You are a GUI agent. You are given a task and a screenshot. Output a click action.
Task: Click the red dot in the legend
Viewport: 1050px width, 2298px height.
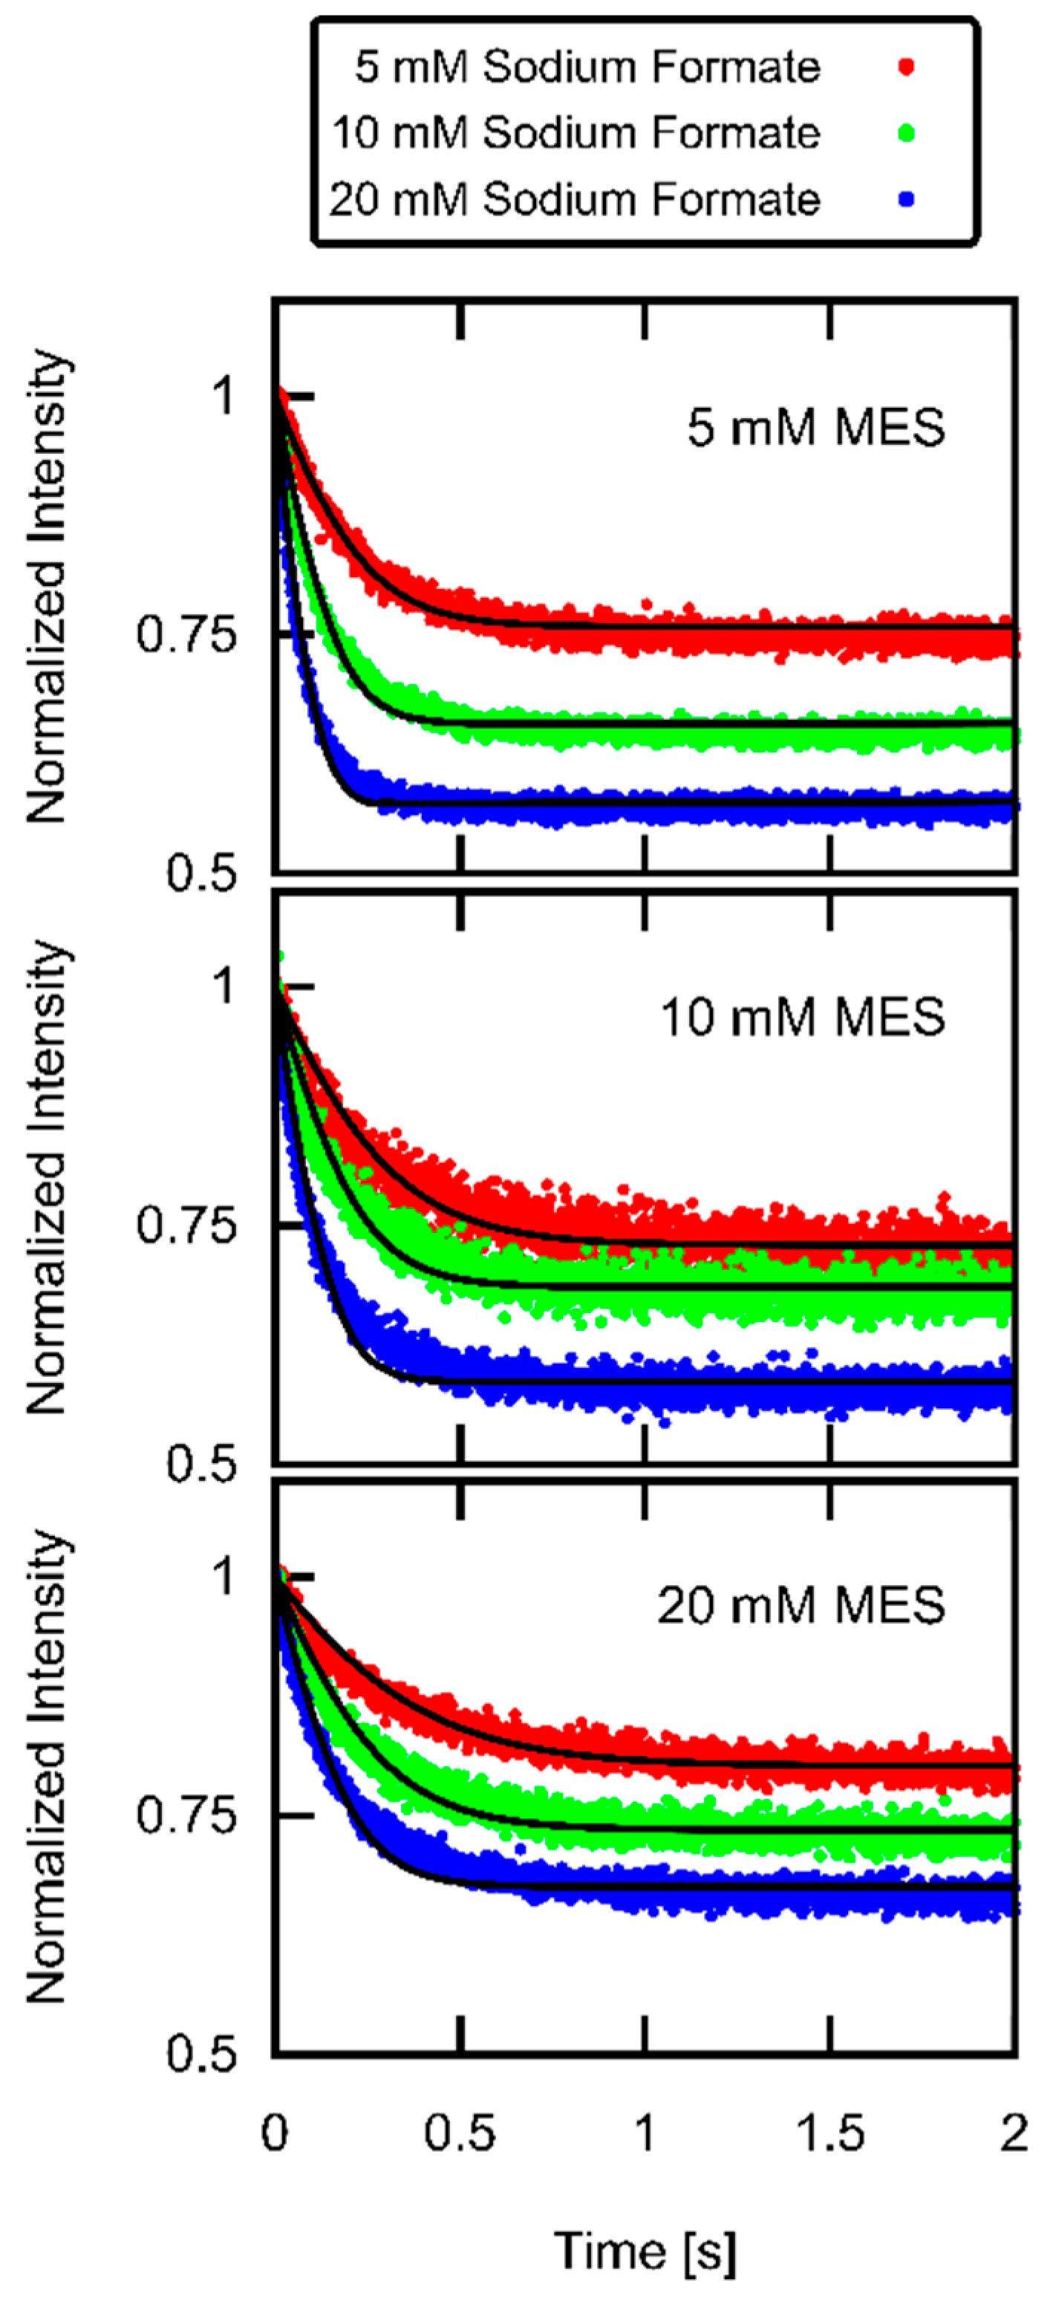[x=907, y=67]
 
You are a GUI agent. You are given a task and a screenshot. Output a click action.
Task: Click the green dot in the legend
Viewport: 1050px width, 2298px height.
[x=907, y=134]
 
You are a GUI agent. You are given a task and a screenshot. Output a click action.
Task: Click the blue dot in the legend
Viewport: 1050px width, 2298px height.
[x=907, y=199]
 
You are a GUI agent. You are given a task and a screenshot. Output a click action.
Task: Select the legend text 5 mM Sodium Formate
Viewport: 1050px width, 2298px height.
[x=587, y=67]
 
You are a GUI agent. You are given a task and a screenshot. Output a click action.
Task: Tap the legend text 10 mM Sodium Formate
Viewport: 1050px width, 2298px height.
[x=575, y=133]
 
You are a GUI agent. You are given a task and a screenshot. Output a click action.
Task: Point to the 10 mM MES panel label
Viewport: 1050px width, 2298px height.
[x=802, y=1017]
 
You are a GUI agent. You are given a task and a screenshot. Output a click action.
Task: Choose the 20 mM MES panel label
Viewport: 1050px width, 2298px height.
[x=800, y=1605]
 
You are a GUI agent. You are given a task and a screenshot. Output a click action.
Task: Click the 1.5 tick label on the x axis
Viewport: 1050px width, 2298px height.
[x=829, y=2134]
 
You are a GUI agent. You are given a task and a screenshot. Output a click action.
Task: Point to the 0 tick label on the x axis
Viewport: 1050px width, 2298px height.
[x=275, y=2134]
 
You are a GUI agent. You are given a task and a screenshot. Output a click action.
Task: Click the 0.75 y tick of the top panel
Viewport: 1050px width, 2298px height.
[x=186, y=635]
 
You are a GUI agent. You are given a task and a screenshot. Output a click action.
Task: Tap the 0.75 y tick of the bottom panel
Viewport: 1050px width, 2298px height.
[x=186, y=1816]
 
